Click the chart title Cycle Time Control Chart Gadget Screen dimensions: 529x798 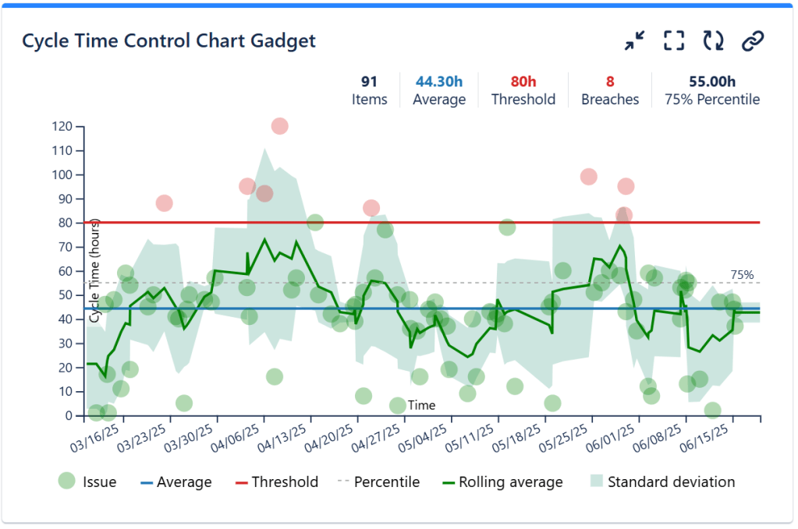coord(168,41)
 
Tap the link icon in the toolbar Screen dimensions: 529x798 coord(752,41)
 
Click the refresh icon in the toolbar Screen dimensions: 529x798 coord(713,41)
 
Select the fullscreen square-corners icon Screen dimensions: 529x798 coord(674,41)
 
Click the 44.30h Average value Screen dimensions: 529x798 coord(438,81)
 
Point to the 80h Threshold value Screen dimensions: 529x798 coord(523,81)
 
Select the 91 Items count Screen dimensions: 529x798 coord(369,81)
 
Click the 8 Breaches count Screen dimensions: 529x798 coord(609,81)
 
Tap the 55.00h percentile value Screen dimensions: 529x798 coord(711,81)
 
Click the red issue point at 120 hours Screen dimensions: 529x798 coord(279,125)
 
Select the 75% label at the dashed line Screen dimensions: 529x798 coord(742,274)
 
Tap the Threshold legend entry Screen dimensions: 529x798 coord(285,482)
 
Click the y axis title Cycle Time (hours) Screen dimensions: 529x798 coord(94,270)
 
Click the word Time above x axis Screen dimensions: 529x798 coord(421,405)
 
